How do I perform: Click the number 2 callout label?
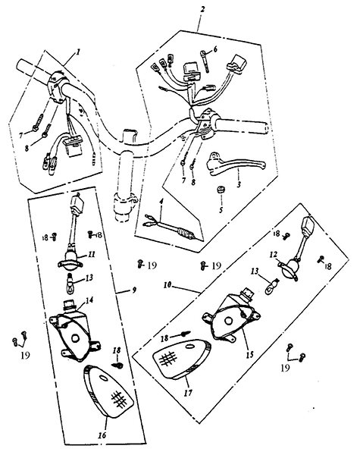pyautogui.click(x=202, y=9)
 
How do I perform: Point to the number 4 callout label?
pyautogui.click(x=161, y=200)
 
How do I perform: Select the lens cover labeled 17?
pyautogui.click(x=182, y=362)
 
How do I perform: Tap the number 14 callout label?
pyautogui.click(x=89, y=300)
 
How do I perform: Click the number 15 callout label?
pyautogui.click(x=250, y=355)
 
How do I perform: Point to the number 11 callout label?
pyautogui.click(x=92, y=255)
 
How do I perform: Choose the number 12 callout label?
pyautogui.click(x=274, y=255)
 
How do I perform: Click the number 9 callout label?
pyautogui.click(x=134, y=290)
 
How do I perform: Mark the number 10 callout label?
pyautogui.click(x=167, y=285)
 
